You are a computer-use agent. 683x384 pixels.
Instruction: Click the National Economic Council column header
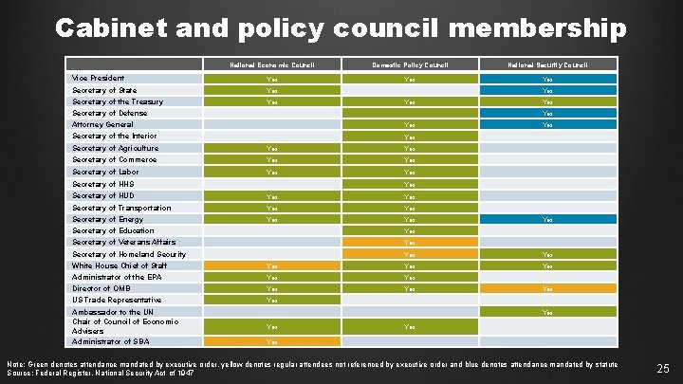click(272, 65)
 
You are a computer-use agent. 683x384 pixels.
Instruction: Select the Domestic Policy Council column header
click(409, 65)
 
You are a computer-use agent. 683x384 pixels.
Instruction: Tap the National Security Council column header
click(546, 65)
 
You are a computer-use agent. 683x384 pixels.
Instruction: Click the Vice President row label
click(99, 78)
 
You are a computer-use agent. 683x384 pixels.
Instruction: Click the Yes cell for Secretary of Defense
click(546, 114)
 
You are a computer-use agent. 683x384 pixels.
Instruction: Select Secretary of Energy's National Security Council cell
click(546, 219)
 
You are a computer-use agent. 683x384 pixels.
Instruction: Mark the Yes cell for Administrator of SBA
click(272, 341)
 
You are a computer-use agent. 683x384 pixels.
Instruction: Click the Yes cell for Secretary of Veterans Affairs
click(409, 242)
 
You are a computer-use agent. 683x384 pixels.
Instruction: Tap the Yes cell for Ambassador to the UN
click(546, 311)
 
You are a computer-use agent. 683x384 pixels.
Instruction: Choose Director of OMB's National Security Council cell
click(546, 288)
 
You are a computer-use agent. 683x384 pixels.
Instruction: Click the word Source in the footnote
click(19, 374)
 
